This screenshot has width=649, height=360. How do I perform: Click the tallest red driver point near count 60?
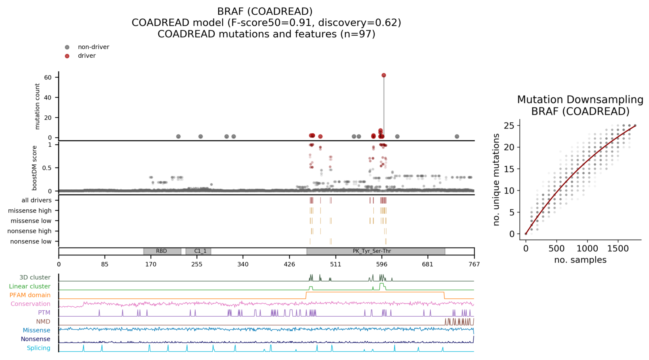click(x=384, y=75)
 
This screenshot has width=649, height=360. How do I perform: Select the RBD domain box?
click(x=162, y=251)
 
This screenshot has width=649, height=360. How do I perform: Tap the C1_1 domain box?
click(x=198, y=251)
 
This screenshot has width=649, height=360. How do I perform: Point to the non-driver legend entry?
click(x=93, y=47)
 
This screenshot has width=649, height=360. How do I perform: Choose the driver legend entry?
click(x=86, y=56)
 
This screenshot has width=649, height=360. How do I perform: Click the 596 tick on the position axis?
click(x=382, y=264)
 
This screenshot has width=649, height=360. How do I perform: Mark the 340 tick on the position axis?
click(x=243, y=264)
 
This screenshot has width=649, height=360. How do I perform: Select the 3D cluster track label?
click(x=35, y=277)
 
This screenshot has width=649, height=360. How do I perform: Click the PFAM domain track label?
click(x=30, y=295)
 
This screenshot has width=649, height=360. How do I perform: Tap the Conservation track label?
click(x=31, y=304)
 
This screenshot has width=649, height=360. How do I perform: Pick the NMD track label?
click(x=43, y=321)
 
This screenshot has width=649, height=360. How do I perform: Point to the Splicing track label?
click(x=39, y=348)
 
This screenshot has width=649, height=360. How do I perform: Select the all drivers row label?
click(x=37, y=200)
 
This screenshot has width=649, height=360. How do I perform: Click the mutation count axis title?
click(x=38, y=106)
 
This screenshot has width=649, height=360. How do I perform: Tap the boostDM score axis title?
click(x=35, y=167)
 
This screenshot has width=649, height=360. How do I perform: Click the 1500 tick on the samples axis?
click(x=618, y=249)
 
